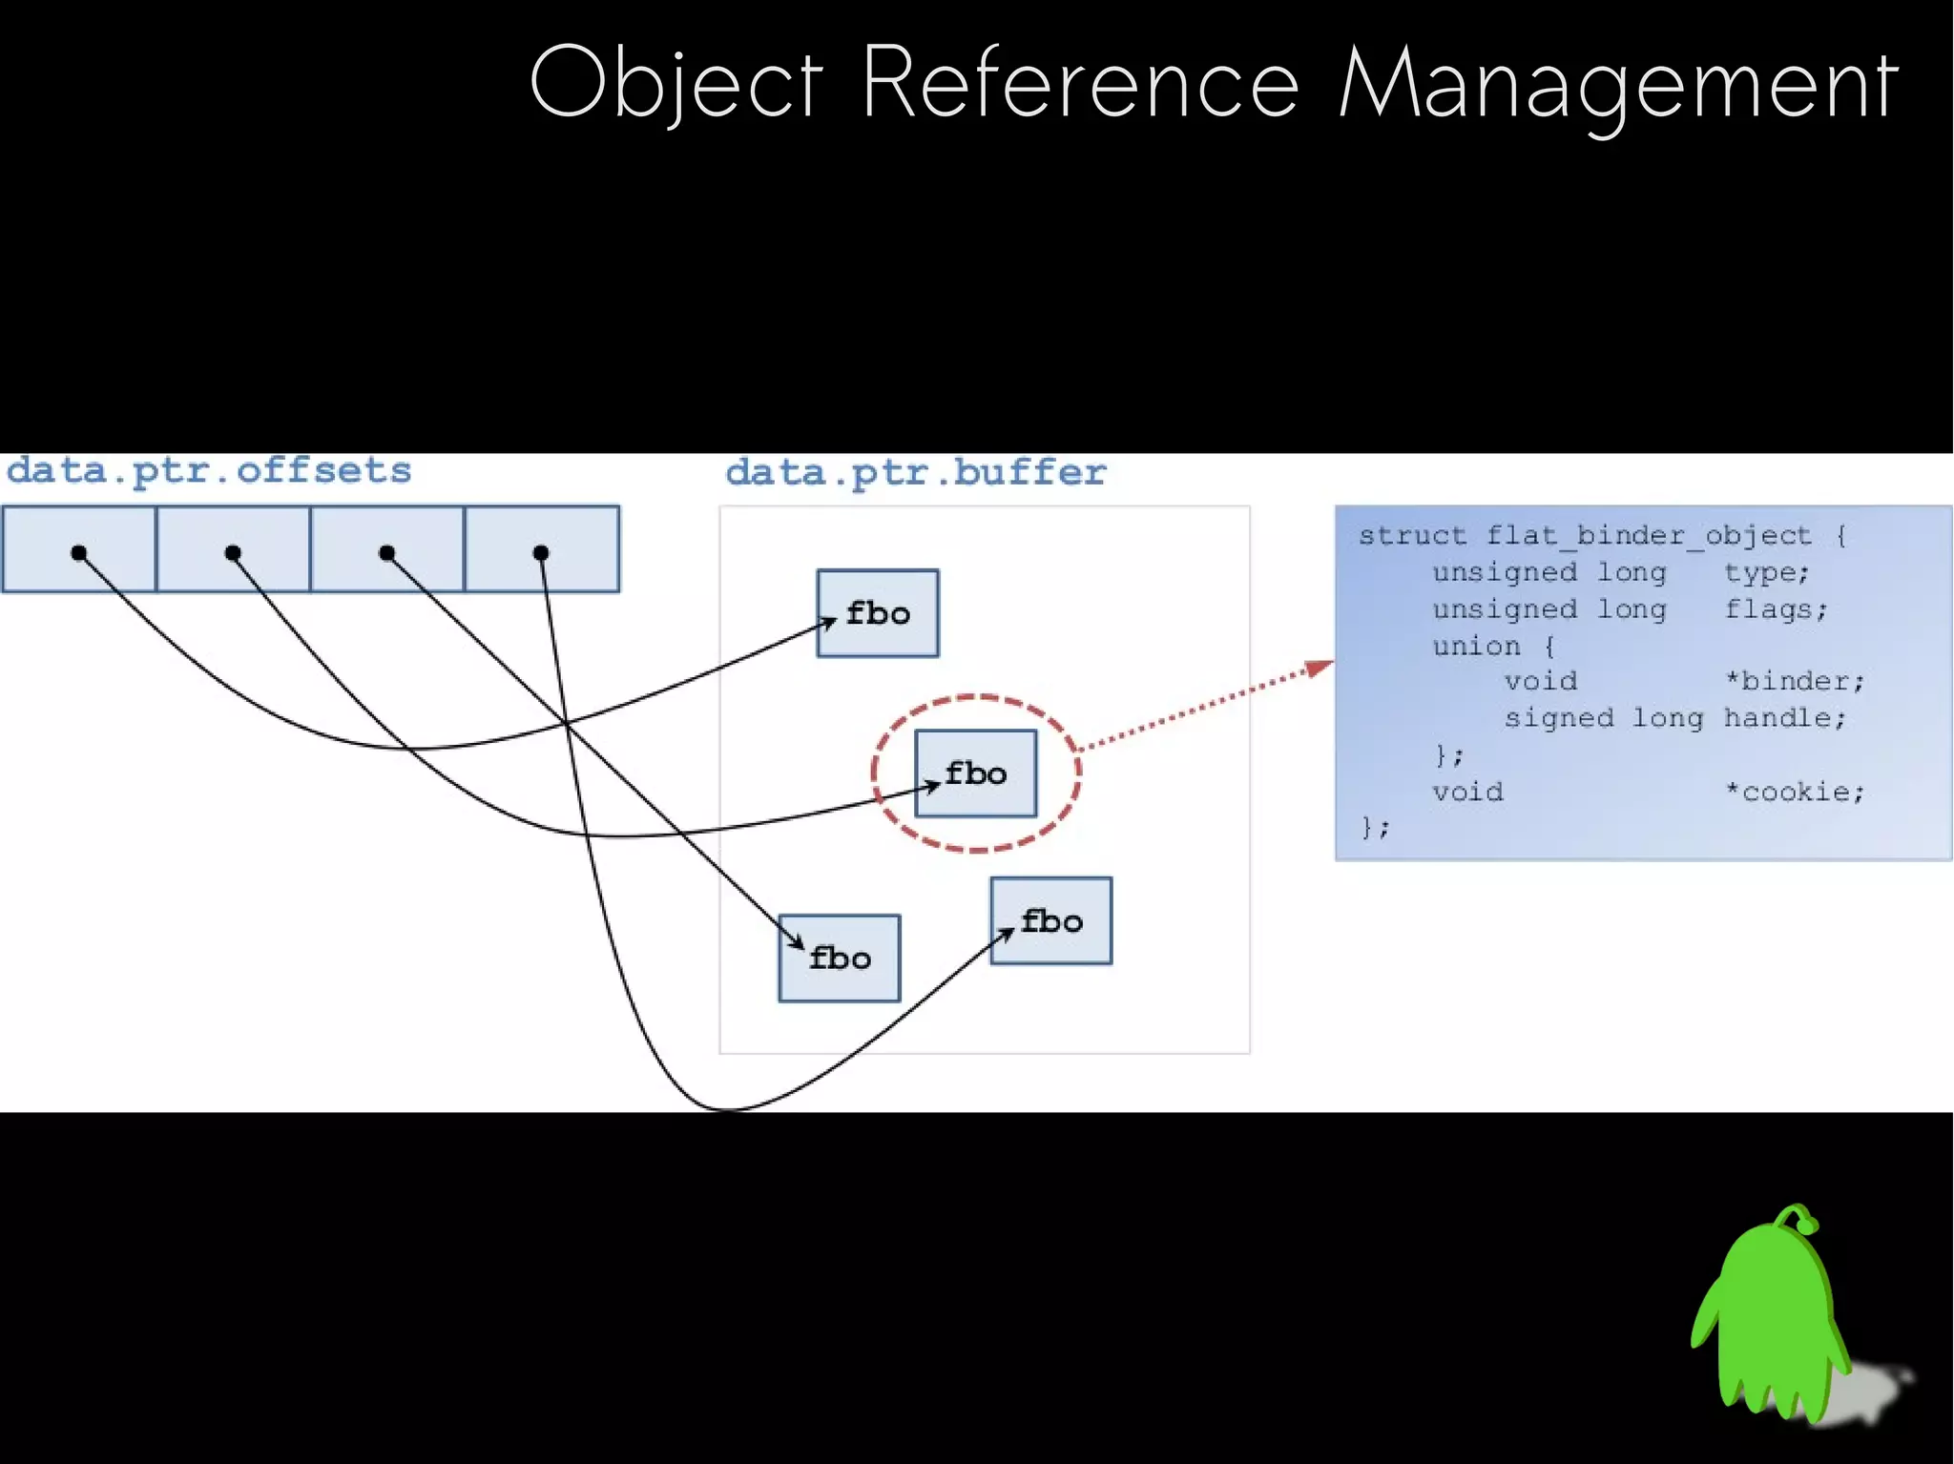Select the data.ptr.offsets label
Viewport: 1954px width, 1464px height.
[209, 471]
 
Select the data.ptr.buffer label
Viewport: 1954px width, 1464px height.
[915, 473]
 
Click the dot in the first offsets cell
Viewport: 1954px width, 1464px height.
[79, 553]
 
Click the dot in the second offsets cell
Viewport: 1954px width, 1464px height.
[233, 553]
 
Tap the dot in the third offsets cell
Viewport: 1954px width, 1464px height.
[386, 553]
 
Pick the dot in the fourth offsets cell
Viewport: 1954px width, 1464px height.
[541, 553]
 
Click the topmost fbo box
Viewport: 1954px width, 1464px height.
[878, 613]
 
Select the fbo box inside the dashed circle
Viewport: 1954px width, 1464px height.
[975, 773]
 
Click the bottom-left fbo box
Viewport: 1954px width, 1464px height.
[840, 959]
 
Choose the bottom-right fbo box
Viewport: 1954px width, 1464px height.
[1051, 921]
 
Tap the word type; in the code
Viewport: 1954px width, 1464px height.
[1766, 573]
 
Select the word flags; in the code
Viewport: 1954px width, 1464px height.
[1776, 609]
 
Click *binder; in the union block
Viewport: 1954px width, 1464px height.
[1794, 682]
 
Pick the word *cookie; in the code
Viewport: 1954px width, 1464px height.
[1794, 793]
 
